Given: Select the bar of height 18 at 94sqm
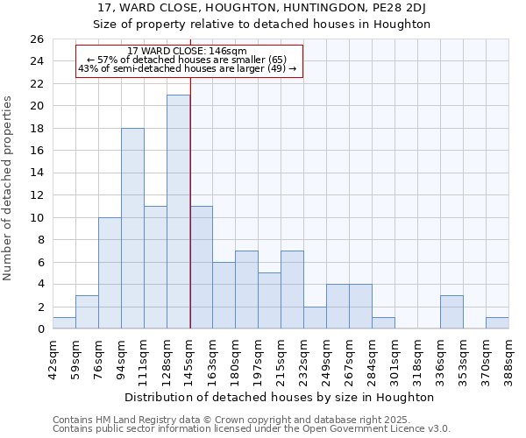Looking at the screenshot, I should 132,229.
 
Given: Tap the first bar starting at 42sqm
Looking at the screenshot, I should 64,323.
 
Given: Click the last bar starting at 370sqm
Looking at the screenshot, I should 497,323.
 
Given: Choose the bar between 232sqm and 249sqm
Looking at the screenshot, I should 315,318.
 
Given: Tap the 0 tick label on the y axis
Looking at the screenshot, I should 39,329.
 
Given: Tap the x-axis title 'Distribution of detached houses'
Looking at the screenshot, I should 280,397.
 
